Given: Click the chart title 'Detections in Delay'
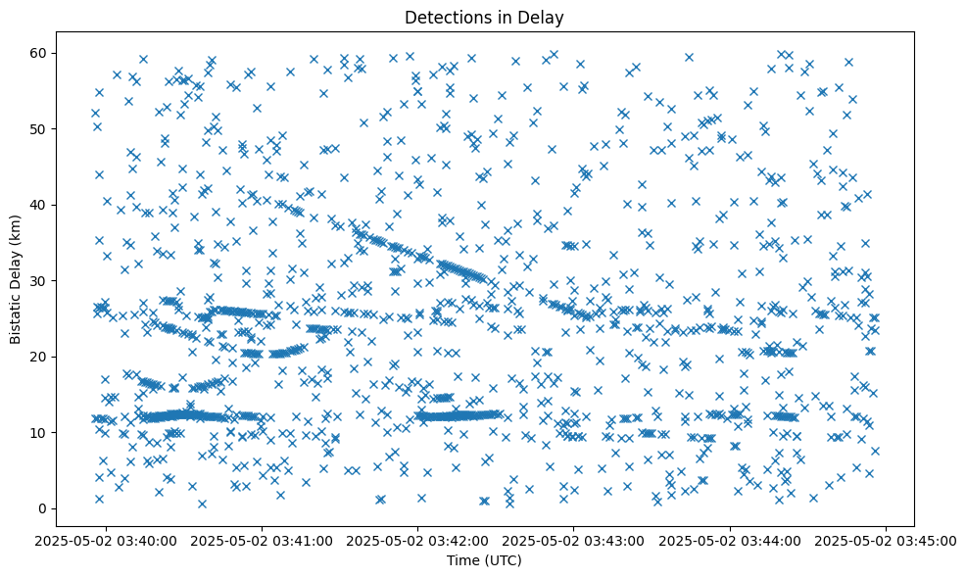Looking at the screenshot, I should click(483, 17).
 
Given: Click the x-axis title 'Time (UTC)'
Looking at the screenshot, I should click(483, 560).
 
